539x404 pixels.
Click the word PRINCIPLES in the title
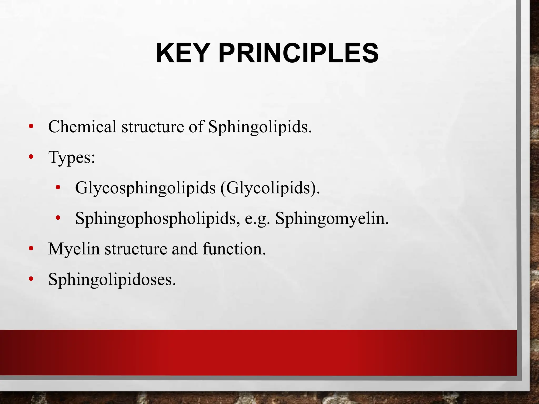(x=298, y=53)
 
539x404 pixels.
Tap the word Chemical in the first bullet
(x=82, y=127)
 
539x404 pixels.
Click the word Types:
(x=72, y=158)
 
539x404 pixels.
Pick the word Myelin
(x=74, y=249)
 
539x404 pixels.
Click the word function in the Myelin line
(x=234, y=249)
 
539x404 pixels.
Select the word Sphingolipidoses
(x=112, y=279)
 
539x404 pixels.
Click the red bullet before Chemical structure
(x=31, y=127)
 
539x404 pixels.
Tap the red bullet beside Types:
(x=31, y=157)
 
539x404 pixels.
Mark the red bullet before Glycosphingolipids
(x=58, y=188)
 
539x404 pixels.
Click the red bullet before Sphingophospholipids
(x=58, y=218)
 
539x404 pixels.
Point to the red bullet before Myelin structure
(x=31, y=249)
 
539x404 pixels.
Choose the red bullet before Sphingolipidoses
(x=31, y=279)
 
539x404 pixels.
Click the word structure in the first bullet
(x=153, y=127)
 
